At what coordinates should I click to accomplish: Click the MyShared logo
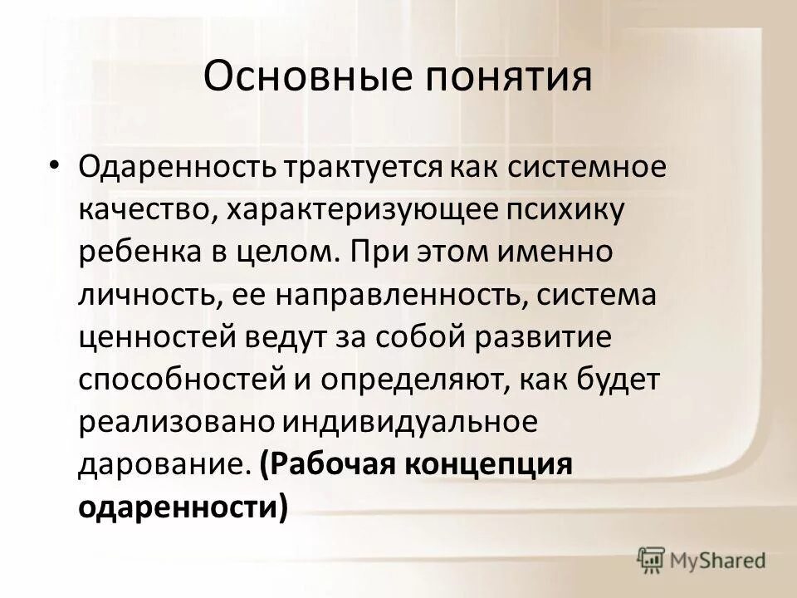(701, 561)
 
